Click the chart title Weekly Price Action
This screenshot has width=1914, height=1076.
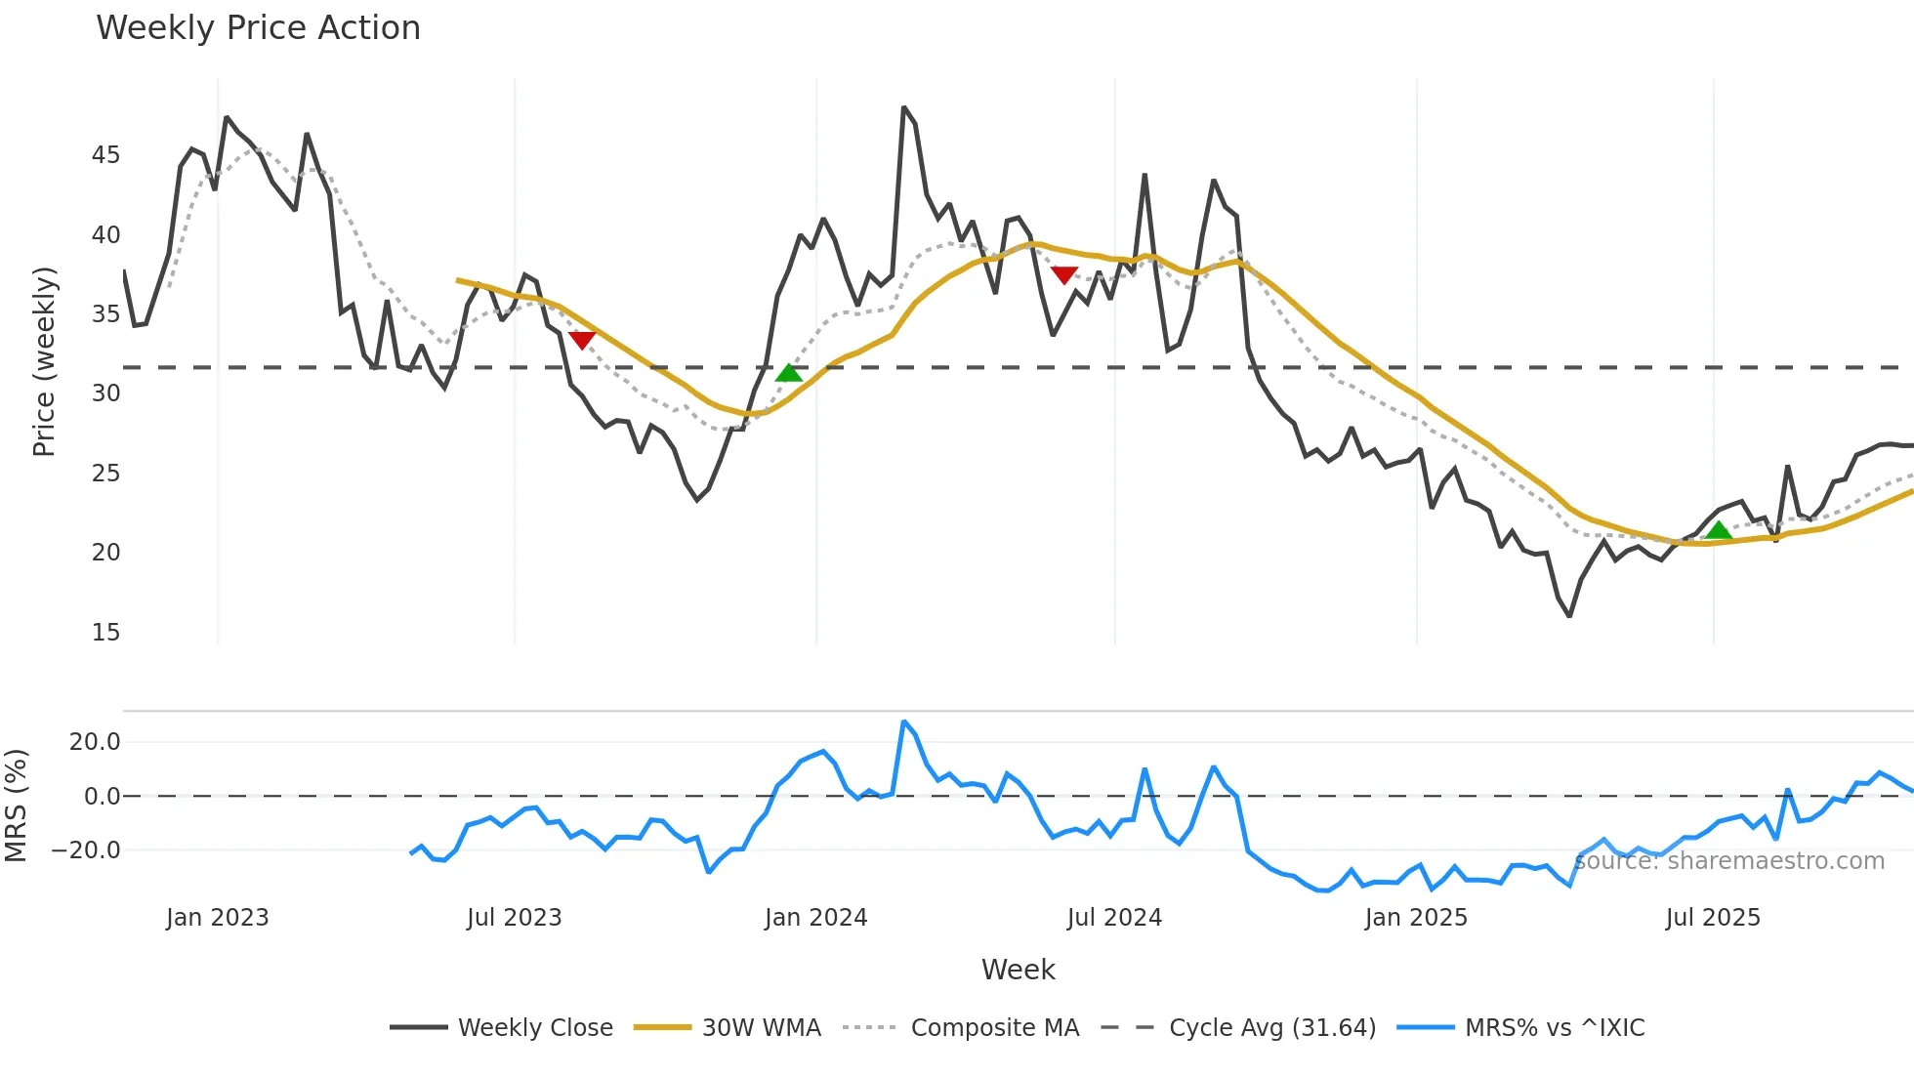pyautogui.click(x=258, y=28)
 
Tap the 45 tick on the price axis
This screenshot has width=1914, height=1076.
pyautogui.click(x=106, y=155)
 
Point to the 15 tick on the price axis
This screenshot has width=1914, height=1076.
pyautogui.click(x=106, y=633)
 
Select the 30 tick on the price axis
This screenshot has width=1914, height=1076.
pyautogui.click(x=106, y=393)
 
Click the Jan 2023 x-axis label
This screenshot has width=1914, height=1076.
pyautogui.click(x=217, y=918)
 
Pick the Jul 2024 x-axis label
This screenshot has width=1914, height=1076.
pyautogui.click(x=1114, y=918)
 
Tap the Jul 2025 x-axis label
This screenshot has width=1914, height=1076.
pyautogui.click(x=1713, y=918)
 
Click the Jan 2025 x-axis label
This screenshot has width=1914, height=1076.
pyautogui.click(x=1416, y=918)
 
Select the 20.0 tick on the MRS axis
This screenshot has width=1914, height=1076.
pyautogui.click(x=95, y=742)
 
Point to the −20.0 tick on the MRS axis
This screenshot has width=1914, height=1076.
pyautogui.click(x=86, y=850)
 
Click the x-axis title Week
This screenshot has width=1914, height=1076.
pyautogui.click(x=1018, y=970)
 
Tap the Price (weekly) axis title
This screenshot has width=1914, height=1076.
pyautogui.click(x=44, y=361)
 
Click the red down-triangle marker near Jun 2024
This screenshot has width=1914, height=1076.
pyautogui.click(x=1064, y=275)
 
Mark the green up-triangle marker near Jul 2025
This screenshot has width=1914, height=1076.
pyautogui.click(x=1719, y=531)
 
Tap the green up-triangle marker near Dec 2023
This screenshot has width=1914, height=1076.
pyautogui.click(x=789, y=373)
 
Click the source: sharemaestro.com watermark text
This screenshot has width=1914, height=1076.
pyautogui.click(x=1729, y=861)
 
